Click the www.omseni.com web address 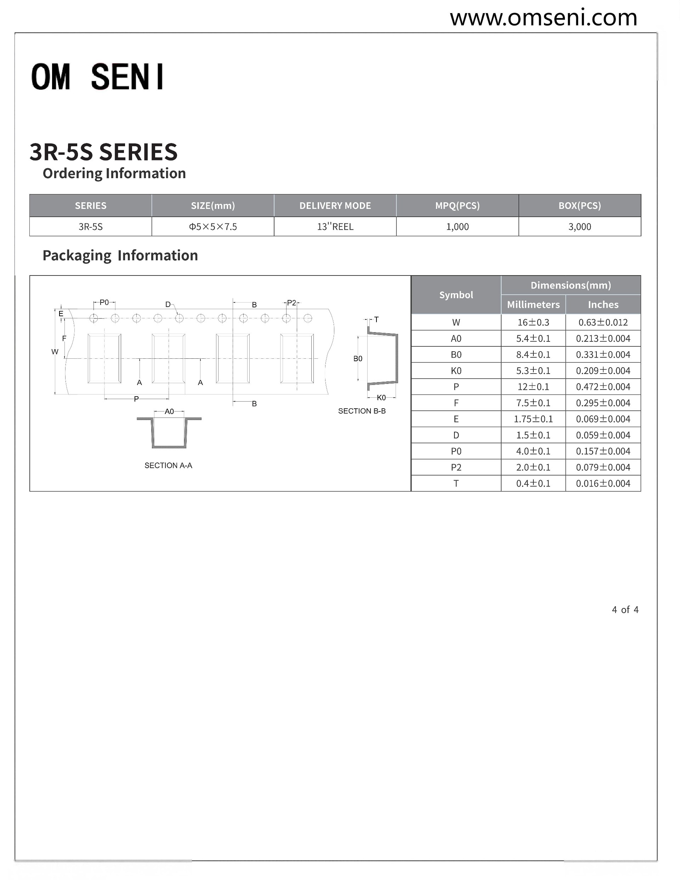[543, 18]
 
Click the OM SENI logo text [97, 76]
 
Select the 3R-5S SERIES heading [103, 152]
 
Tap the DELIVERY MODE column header [335, 205]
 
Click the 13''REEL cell [335, 227]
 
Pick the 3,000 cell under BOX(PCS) [579, 227]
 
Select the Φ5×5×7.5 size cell [213, 227]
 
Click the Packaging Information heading [120, 255]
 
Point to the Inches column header [602, 305]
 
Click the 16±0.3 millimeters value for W [533, 322]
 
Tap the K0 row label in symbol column [456, 371]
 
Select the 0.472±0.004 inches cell [602, 387]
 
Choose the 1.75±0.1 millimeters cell [533, 419]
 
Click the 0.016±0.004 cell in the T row [602, 483]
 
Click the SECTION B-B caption [362, 411]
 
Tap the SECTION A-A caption [168, 465]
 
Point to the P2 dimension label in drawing [291, 303]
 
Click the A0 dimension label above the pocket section [169, 411]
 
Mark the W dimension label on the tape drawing [55, 352]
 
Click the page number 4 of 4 [625, 610]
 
